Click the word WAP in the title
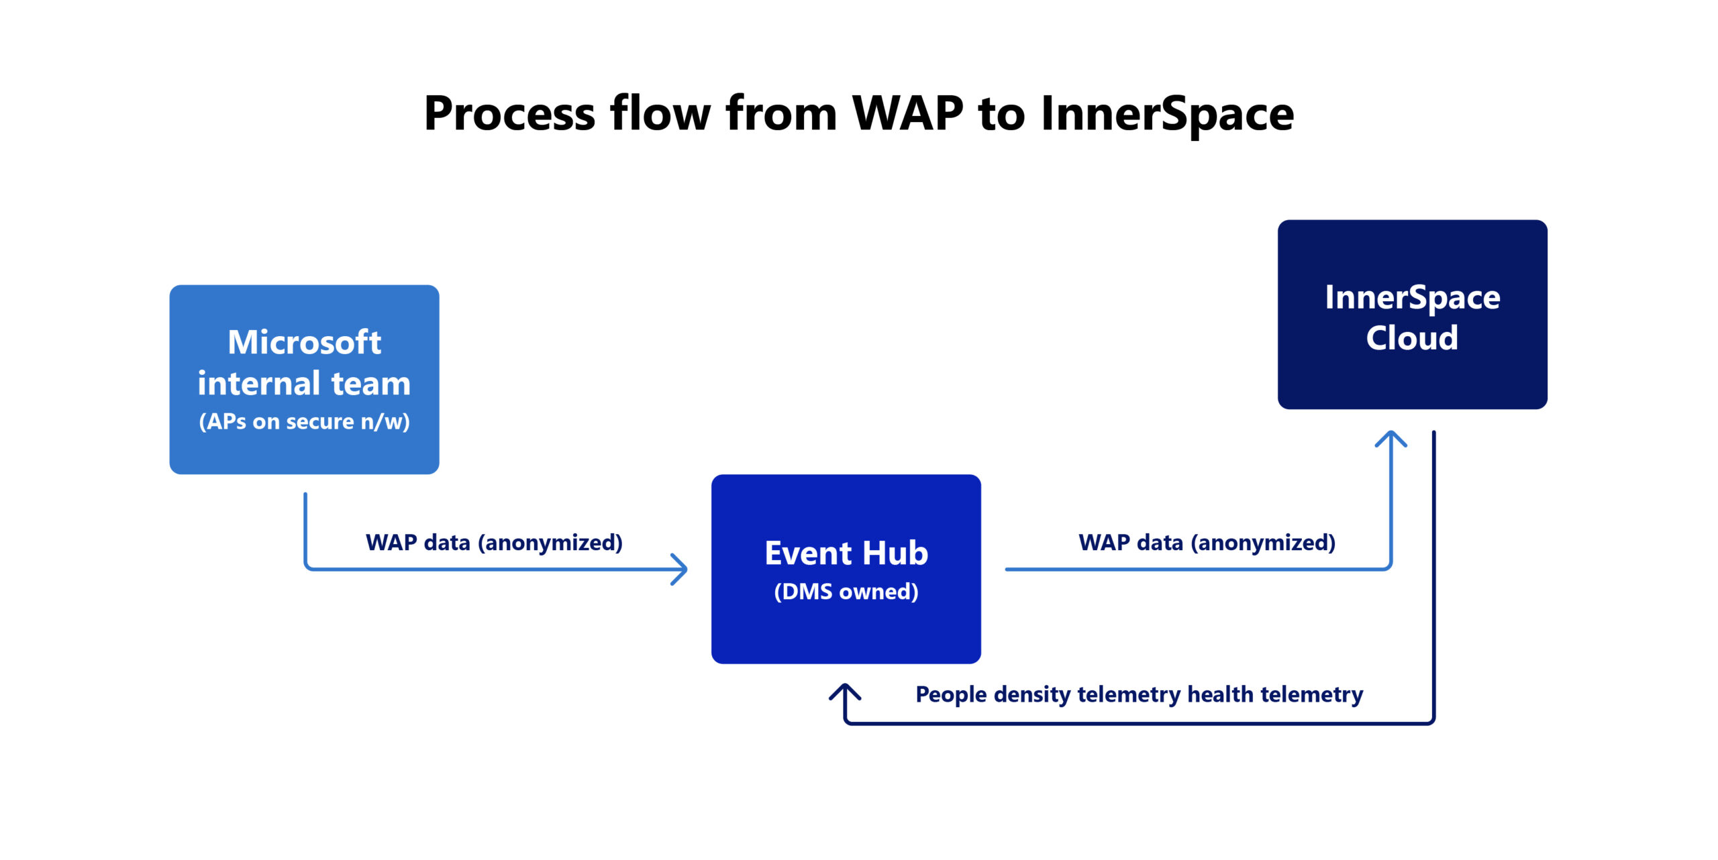(x=907, y=114)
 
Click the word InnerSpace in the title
(x=1166, y=114)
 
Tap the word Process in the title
(x=509, y=114)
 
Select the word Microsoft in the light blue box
(x=304, y=342)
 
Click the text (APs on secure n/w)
(x=304, y=421)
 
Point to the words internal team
(x=304, y=383)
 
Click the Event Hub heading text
(x=846, y=553)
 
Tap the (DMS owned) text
(x=846, y=592)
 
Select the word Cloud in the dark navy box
(x=1412, y=337)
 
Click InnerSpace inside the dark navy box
(x=1412, y=297)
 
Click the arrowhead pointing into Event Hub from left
(x=682, y=569)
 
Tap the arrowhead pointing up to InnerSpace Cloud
(x=1391, y=437)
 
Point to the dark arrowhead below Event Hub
(x=845, y=691)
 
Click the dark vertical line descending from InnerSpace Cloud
(x=1433, y=570)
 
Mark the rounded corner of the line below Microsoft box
(x=307, y=567)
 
